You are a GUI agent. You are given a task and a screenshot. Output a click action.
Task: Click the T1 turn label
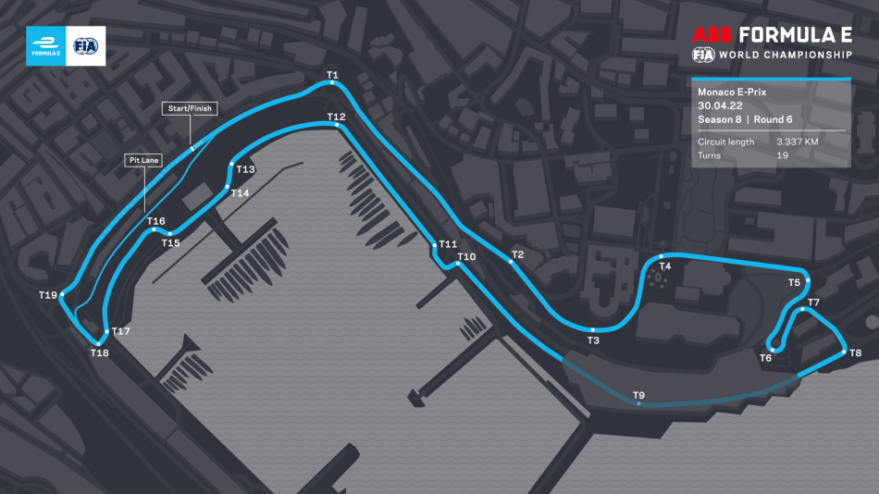(x=332, y=74)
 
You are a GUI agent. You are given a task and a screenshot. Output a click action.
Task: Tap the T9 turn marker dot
(x=638, y=404)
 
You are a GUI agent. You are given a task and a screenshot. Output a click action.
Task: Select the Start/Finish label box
(x=189, y=108)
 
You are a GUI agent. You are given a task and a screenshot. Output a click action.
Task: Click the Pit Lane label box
(x=143, y=160)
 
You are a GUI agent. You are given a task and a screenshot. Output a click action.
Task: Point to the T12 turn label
(x=336, y=117)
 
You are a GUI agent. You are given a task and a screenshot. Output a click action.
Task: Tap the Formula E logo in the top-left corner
(x=45, y=45)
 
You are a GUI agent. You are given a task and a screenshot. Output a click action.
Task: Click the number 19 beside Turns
(x=782, y=155)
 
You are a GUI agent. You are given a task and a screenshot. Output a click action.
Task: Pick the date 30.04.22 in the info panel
(x=720, y=105)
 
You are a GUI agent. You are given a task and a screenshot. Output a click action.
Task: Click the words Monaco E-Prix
(x=733, y=93)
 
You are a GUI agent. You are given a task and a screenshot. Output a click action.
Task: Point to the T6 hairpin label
(x=765, y=358)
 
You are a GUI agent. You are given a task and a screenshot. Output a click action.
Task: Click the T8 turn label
(x=855, y=352)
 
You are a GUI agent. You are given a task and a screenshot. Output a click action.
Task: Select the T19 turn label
(x=47, y=295)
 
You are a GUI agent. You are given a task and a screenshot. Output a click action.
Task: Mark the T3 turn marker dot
(x=592, y=330)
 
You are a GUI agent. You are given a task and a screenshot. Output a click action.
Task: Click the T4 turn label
(x=664, y=266)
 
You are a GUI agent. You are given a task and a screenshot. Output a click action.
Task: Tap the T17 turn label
(x=122, y=330)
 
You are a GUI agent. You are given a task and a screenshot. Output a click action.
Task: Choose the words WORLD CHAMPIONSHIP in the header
(x=786, y=56)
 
